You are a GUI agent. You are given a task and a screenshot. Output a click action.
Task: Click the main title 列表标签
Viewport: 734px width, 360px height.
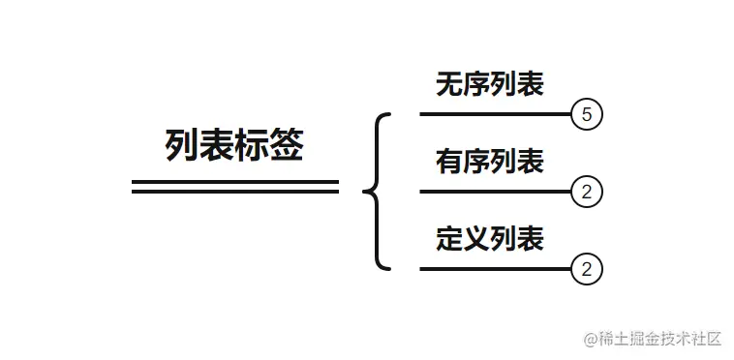tap(234, 146)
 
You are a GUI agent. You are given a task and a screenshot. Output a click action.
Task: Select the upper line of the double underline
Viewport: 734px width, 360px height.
tap(234, 181)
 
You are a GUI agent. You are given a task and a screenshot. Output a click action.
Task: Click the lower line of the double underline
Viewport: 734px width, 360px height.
tap(234, 192)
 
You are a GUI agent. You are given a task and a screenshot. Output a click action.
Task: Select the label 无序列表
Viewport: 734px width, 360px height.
tap(489, 86)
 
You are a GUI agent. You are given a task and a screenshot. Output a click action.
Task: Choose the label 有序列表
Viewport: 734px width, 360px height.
tap(489, 163)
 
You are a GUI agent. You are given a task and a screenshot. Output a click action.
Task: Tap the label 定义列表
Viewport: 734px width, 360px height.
tap(489, 239)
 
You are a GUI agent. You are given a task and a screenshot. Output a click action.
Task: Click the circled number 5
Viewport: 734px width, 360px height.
tap(587, 115)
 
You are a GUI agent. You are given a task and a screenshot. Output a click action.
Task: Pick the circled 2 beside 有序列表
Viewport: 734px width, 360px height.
tap(587, 192)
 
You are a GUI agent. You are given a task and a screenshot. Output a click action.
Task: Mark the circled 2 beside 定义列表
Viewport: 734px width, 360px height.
tap(587, 268)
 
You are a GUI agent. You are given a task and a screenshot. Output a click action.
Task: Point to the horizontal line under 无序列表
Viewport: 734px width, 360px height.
tap(495, 114)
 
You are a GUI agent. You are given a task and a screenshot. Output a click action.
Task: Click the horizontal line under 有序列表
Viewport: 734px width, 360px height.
tap(495, 192)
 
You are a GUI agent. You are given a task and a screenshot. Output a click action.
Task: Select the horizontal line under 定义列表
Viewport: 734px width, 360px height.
tap(495, 268)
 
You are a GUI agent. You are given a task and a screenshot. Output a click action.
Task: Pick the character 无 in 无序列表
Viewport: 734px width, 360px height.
tap(449, 86)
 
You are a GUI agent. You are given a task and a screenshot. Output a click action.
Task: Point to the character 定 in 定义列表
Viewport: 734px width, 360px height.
tap(449, 239)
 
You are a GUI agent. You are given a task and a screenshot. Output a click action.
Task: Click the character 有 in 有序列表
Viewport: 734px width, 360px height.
tap(449, 163)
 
